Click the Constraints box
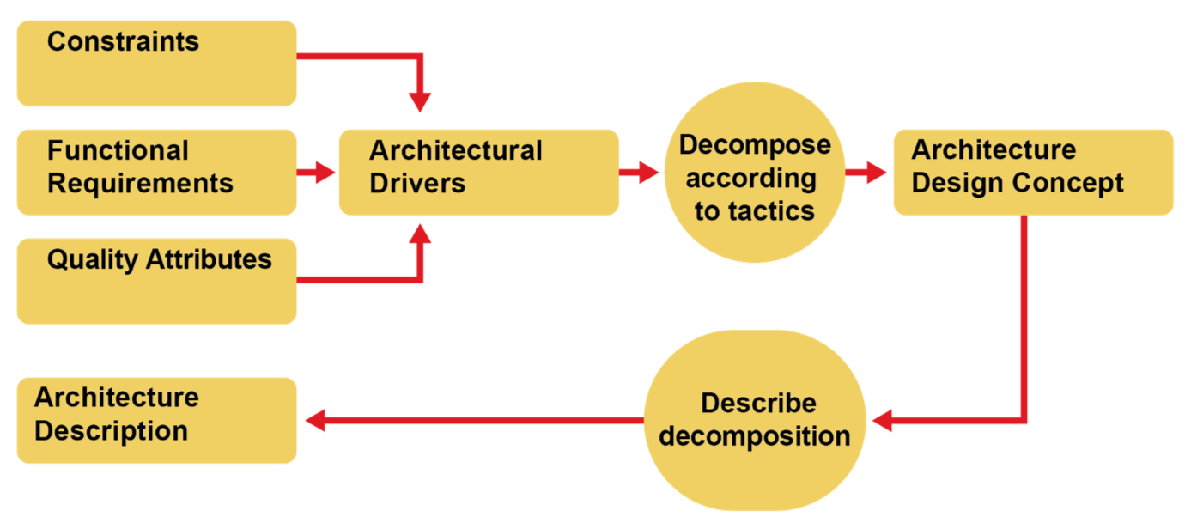(157, 64)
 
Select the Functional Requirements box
(157, 172)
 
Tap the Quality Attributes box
(157, 282)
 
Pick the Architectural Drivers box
(478, 172)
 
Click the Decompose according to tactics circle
(755, 173)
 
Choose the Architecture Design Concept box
(1033, 172)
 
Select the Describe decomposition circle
(755, 421)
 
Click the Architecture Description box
(157, 421)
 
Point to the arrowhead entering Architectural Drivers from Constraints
(419, 102)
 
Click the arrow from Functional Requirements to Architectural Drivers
(318, 173)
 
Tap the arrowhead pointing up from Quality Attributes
(419, 234)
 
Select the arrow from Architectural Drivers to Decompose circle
(641, 173)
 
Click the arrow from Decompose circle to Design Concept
(867, 173)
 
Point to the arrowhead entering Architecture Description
(315, 421)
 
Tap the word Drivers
(417, 183)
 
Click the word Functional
(118, 151)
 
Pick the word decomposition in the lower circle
(755, 436)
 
